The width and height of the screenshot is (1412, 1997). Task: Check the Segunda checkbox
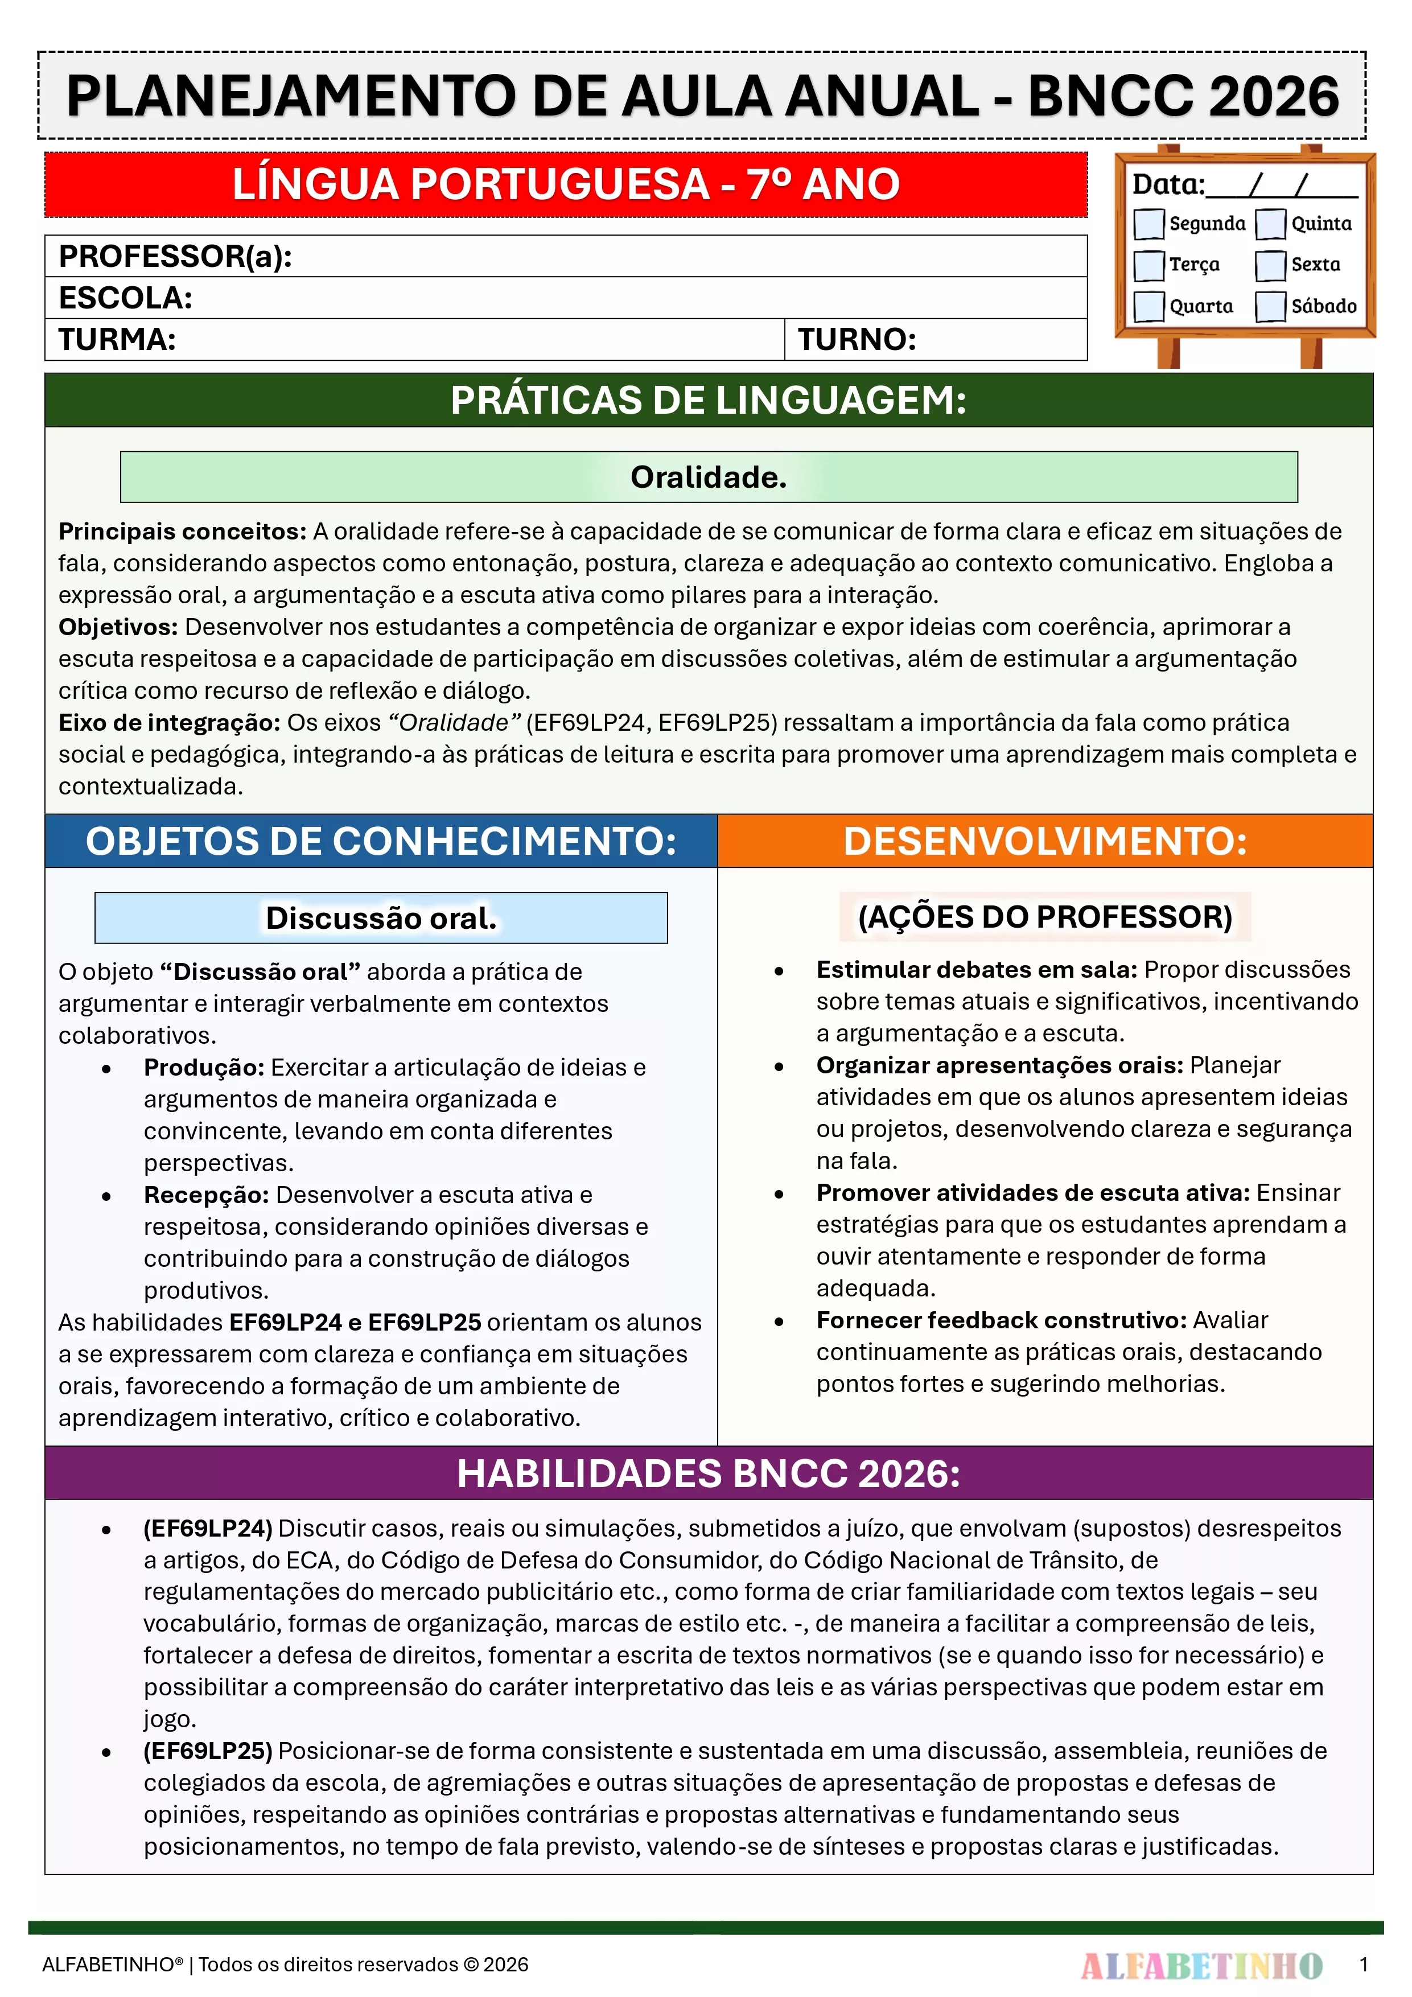(x=1148, y=224)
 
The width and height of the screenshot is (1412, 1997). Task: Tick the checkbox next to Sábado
(x=1270, y=306)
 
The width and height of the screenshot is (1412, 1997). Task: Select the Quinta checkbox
(x=1270, y=224)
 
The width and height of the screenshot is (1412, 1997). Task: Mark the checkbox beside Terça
(x=1148, y=265)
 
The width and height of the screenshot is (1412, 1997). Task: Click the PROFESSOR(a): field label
(x=175, y=257)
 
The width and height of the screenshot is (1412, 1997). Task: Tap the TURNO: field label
(x=857, y=339)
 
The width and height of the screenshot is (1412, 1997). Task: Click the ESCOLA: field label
(x=125, y=298)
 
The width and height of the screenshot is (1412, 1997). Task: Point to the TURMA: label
(x=117, y=339)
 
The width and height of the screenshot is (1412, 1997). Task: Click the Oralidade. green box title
(x=708, y=477)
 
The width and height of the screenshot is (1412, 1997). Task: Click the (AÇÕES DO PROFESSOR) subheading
(x=1045, y=917)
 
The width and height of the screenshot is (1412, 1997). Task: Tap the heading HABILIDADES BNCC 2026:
(x=708, y=1473)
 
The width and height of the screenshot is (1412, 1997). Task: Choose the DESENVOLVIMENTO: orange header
(x=1045, y=841)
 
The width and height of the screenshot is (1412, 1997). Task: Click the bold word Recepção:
(x=206, y=1195)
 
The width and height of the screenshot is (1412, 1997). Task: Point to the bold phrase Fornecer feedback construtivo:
(x=1001, y=1320)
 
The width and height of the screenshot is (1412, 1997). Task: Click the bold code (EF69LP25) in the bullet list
(x=208, y=1751)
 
